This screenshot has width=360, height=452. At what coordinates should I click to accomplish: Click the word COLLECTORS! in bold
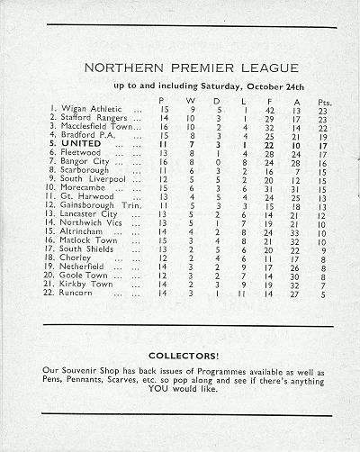(x=180, y=356)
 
